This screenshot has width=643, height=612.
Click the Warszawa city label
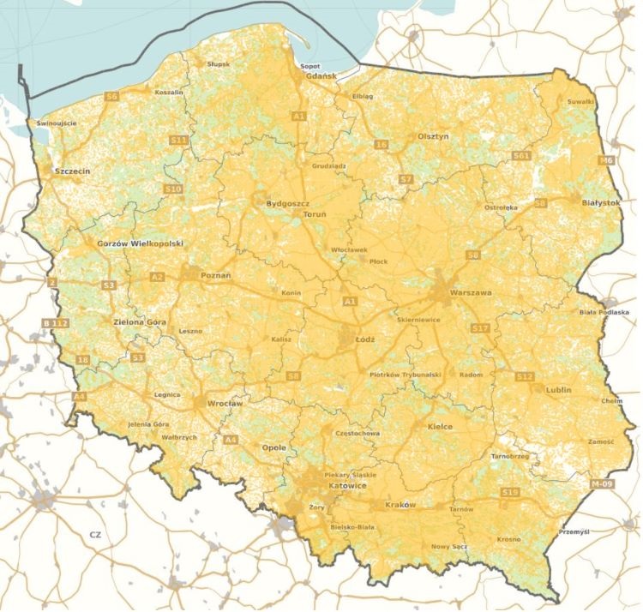coord(471,293)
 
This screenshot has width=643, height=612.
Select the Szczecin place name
coord(71,171)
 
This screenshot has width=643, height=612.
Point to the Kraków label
coord(400,505)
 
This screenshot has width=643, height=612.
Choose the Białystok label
coord(600,202)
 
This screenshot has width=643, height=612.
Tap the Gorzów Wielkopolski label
coord(141,243)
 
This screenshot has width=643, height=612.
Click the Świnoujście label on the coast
coord(57,123)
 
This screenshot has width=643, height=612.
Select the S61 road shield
coord(521,155)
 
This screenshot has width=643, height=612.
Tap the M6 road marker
coord(607,160)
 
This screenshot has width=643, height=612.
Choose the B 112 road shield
coord(54,321)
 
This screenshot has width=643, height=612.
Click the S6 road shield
coord(111,97)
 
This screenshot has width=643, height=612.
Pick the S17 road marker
coord(480,328)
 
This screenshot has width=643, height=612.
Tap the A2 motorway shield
coord(157,276)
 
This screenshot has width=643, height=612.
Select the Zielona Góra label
coord(139,322)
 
